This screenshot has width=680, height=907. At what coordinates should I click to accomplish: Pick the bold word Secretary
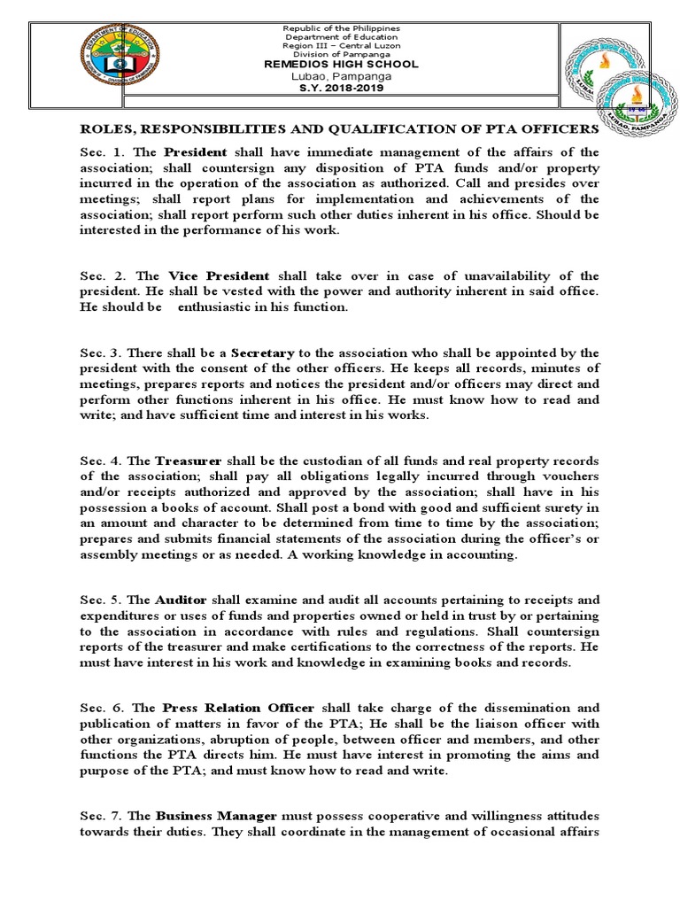pyautogui.click(x=261, y=353)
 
